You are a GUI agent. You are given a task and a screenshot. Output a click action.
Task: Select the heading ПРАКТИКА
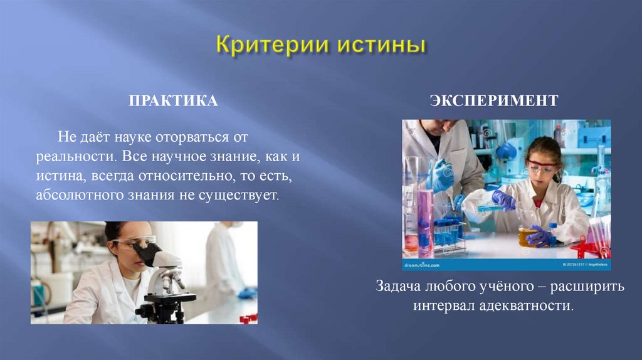[174, 101]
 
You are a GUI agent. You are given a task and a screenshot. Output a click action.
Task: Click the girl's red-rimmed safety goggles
[541, 166]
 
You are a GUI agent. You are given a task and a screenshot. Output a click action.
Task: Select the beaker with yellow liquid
[527, 236]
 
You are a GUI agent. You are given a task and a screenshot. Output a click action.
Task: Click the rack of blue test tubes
[448, 233]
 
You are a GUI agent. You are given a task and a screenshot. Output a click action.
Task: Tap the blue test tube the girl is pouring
[486, 208]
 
